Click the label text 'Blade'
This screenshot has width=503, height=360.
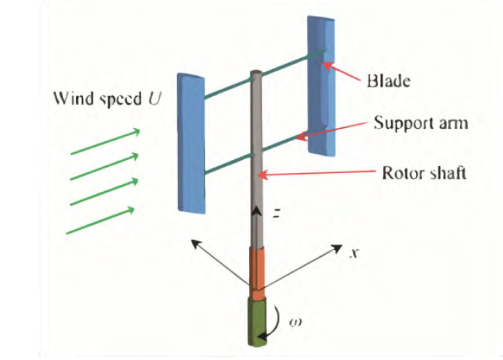click(x=389, y=81)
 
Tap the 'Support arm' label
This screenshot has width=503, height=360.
click(x=421, y=124)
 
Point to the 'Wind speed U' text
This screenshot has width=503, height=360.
click(x=108, y=98)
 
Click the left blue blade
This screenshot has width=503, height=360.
click(x=192, y=141)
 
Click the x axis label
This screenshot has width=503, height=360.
click(x=353, y=254)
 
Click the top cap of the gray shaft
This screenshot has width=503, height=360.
click(x=255, y=73)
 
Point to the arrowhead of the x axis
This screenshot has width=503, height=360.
click(x=339, y=248)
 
